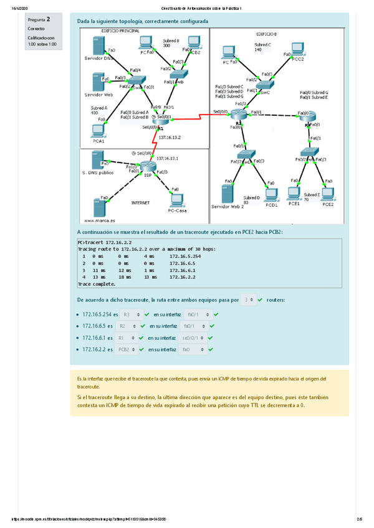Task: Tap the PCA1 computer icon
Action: pyautogui.click(x=97, y=130)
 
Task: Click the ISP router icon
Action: pyautogui.click(x=148, y=166)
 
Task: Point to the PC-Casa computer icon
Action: pyautogui.click(x=176, y=200)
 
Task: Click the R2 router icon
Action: pyautogui.click(x=239, y=113)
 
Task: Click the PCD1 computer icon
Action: pyautogui.click(x=271, y=195)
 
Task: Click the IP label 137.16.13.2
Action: pyautogui.click(x=170, y=137)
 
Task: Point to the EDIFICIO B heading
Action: pyautogui.click(x=267, y=34)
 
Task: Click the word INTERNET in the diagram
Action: pyautogui.click(x=140, y=202)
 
